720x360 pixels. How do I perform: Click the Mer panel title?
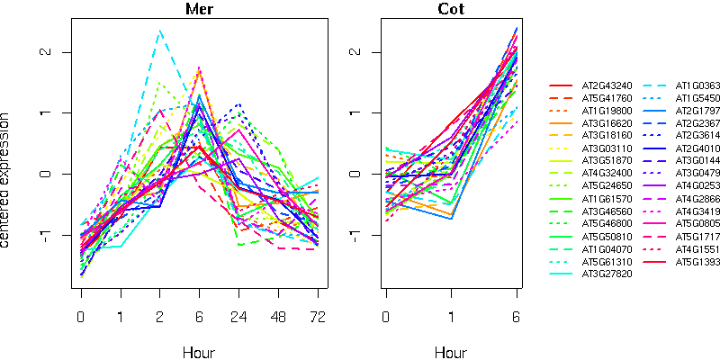pyautogui.click(x=198, y=10)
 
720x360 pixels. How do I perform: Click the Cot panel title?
pyautogui.click(x=451, y=10)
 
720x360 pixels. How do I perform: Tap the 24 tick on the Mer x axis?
pyautogui.click(x=238, y=317)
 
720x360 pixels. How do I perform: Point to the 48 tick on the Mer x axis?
pyautogui.click(x=278, y=317)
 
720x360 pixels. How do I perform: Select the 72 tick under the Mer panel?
pyautogui.click(x=317, y=317)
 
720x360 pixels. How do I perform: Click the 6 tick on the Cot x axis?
pyautogui.click(x=517, y=317)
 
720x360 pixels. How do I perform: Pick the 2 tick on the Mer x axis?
pyautogui.click(x=159, y=317)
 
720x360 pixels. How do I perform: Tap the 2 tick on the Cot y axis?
pyautogui.click(x=354, y=51)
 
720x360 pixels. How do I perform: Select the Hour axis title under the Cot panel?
pyautogui.click(x=451, y=353)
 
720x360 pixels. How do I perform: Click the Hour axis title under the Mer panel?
pyautogui.click(x=198, y=353)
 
